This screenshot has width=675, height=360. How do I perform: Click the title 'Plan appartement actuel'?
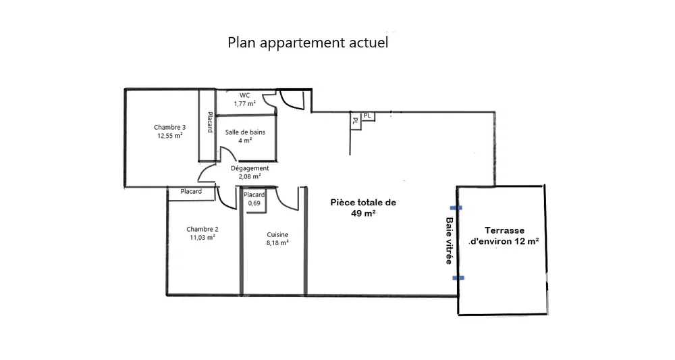[x=308, y=43]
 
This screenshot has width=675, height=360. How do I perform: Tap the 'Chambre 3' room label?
[x=169, y=127]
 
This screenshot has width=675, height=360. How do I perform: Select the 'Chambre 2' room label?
[x=202, y=229]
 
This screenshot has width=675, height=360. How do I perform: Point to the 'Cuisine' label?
[x=277, y=234]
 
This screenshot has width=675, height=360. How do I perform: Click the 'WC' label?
[x=244, y=95]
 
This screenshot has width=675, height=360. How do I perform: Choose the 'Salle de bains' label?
[x=245, y=132]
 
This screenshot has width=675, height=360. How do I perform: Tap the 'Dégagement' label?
[x=250, y=168]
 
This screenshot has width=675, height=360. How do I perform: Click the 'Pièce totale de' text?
[x=363, y=203]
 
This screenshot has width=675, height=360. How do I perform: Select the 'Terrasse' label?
[x=504, y=230]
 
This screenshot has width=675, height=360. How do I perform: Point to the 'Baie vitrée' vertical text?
[x=449, y=240]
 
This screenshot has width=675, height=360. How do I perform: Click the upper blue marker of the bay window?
[x=456, y=207]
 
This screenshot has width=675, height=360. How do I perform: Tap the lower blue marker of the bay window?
[x=458, y=278]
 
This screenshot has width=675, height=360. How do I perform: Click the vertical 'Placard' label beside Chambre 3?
[x=210, y=122]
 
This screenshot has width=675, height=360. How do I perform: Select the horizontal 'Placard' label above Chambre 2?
[x=191, y=191]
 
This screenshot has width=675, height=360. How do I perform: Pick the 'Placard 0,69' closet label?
[x=254, y=199]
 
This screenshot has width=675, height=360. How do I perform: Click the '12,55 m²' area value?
[x=169, y=136]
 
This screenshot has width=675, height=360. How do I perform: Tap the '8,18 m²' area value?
[x=277, y=243]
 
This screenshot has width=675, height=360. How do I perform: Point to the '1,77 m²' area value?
[x=244, y=104]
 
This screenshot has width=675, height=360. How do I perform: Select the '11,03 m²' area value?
[x=202, y=237]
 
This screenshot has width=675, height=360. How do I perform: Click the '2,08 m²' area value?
[x=250, y=176]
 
